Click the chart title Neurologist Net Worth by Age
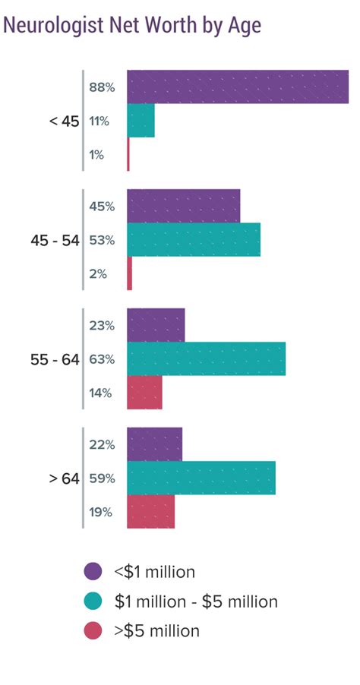[x=132, y=26]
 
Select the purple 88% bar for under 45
[x=238, y=87]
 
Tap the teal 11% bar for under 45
[x=141, y=121]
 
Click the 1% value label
[x=96, y=155]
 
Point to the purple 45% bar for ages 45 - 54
[x=183, y=206]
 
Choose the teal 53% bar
[x=194, y=240]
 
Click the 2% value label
[x=97, y=274]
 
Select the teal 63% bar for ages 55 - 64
[x=206, y=358]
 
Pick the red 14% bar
[x=144, y=393]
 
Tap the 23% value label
[x=101, y=325]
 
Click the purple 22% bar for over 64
[x=154, y=444]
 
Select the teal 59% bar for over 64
[x=201, y=478]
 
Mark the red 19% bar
[x=150, y=512]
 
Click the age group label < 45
[x=64, y=121]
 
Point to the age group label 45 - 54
[x=55, y=240]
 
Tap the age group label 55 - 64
[x=55, y=359]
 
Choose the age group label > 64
[x=64, y=478]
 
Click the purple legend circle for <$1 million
[x=93, y=572]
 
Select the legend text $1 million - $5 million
[x=196, y=601]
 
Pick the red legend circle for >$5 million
[x=93, y=630]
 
